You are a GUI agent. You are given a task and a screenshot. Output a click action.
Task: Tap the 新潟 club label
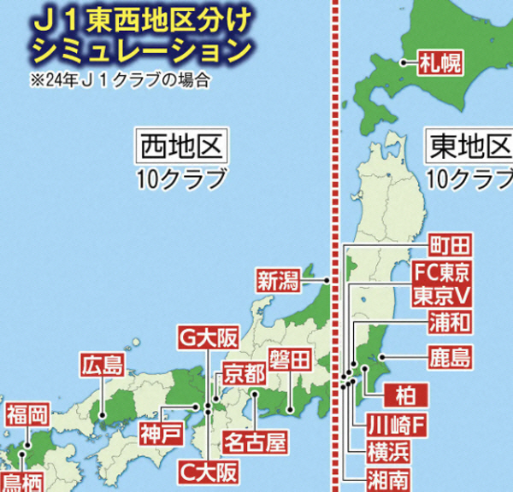click(x=279, y=279)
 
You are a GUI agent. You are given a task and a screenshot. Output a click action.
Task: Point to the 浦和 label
click(x=449, y=324)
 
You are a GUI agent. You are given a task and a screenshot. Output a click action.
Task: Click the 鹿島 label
click(x=449, y=356)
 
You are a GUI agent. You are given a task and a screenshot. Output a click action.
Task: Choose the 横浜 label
click(x=388, y=450)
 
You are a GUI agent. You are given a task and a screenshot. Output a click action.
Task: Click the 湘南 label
click(x=388, y=477)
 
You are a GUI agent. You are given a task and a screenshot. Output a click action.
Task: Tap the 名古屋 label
click(x=254, y=442)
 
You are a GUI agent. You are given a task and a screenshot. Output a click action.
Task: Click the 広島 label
click(x=103, y=366)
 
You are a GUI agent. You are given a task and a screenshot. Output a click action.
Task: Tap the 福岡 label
click(x=27, y=416)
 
